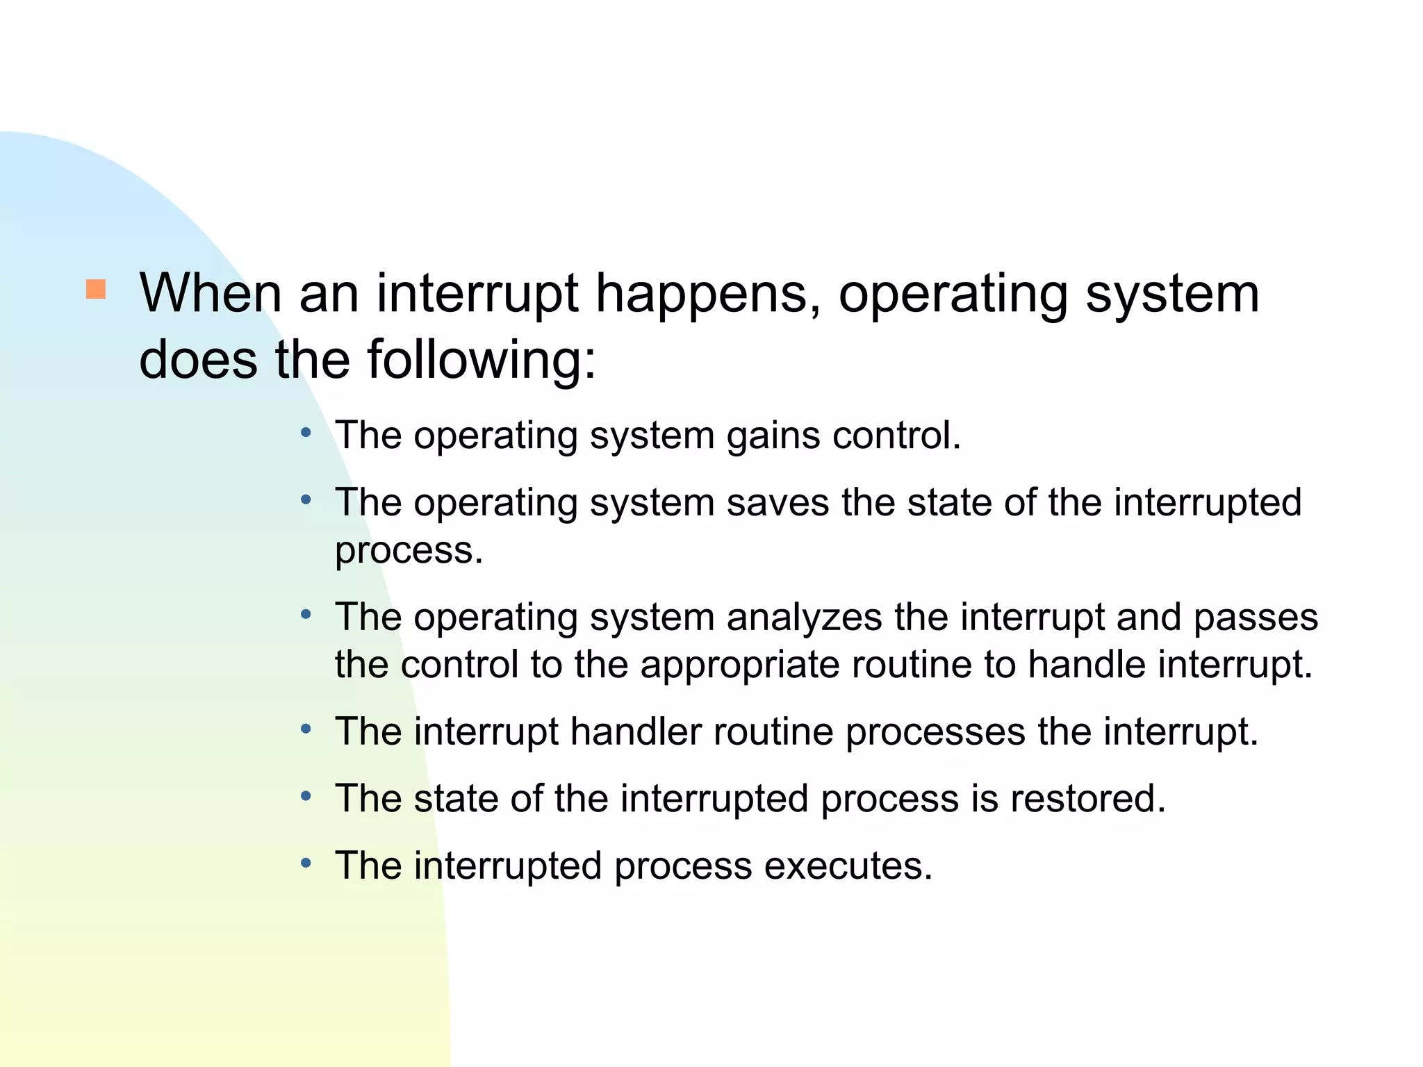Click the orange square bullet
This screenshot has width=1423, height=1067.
[96, 289]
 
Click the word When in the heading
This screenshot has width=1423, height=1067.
[211, 293]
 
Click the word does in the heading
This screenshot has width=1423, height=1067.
[198, 360]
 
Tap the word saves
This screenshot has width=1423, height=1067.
[778, 503]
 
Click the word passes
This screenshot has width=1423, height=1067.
[1255, 618]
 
